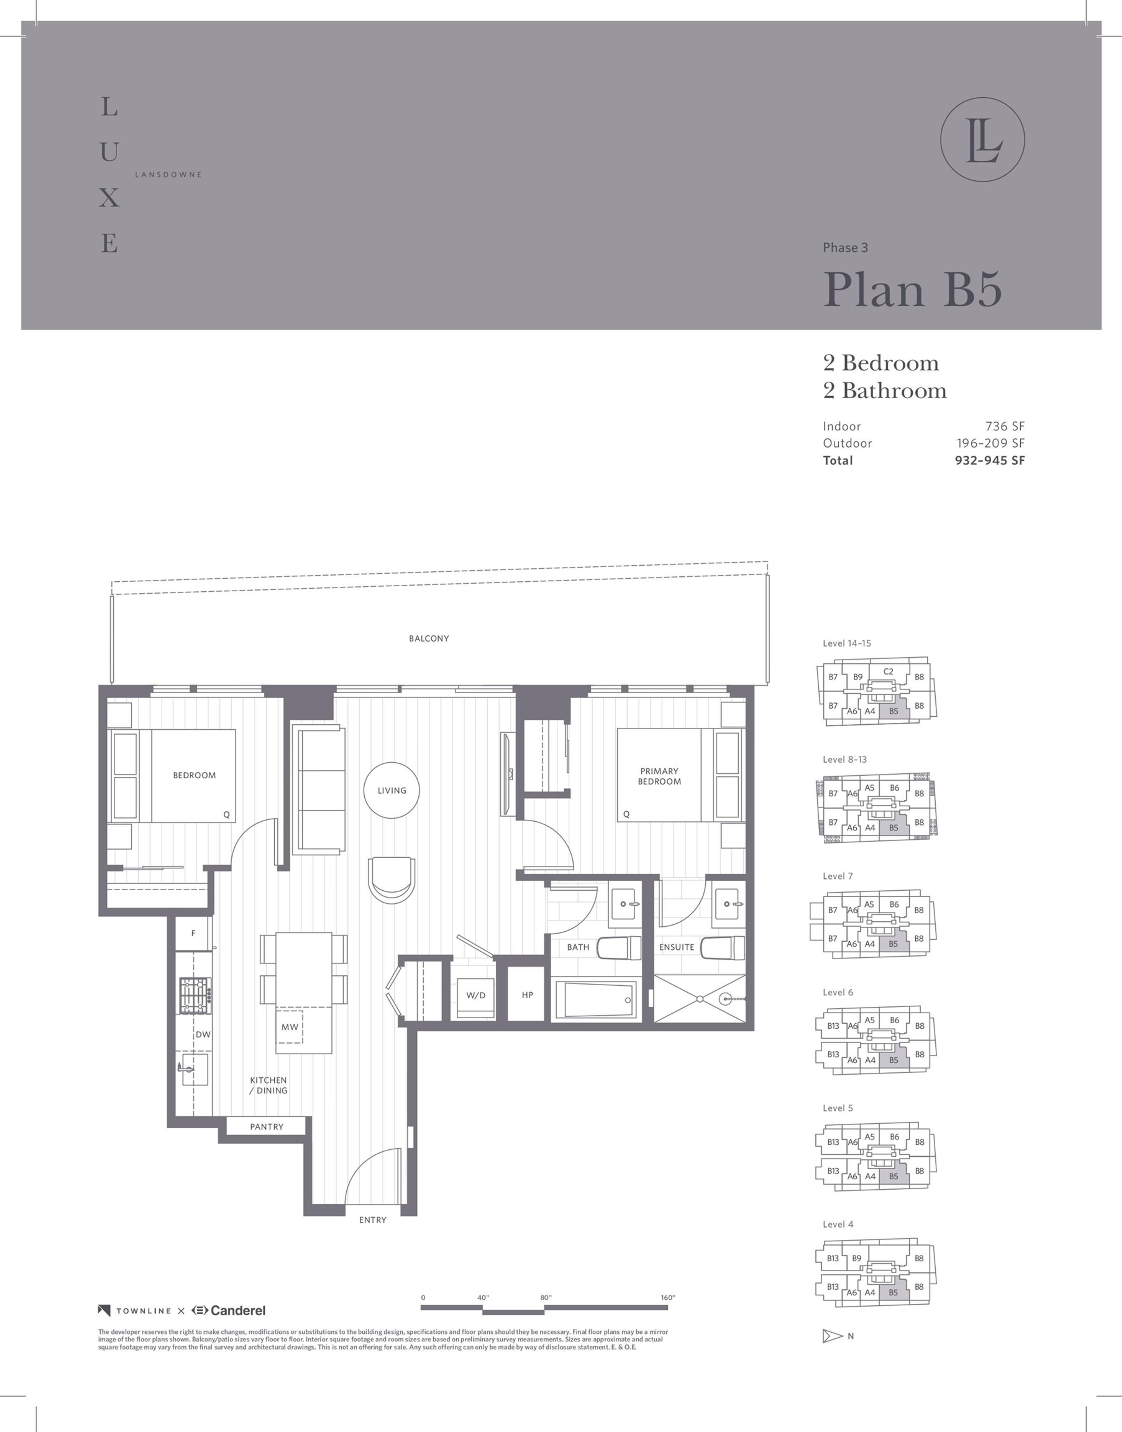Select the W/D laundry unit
click(x=476, y=995)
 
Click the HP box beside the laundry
click(x=527, y=995)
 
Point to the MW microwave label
click(x=290, y=1027)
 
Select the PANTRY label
click(x=267, y=1127)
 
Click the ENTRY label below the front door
click(x=373, y=1220)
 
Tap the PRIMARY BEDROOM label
click(x=659, y=776)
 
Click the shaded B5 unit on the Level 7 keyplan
click(x=894, y=944)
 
